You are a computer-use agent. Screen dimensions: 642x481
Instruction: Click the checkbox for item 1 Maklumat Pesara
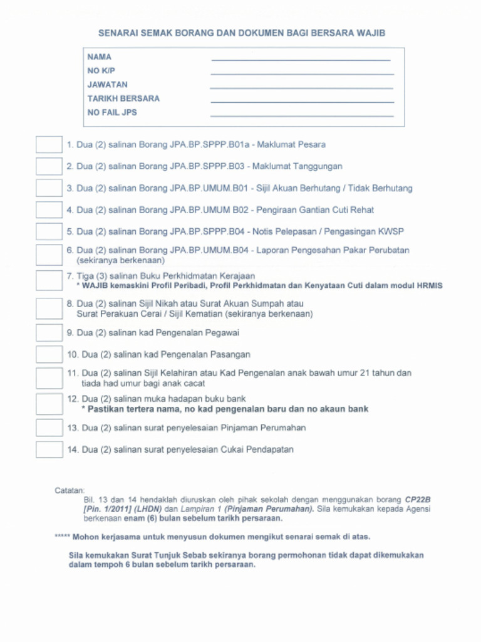pyautogui.click(x=49, y=145)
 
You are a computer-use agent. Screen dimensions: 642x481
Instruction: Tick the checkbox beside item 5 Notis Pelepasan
pyautogui.click(x=49, y=231)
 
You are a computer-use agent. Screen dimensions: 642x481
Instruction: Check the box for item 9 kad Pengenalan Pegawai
pyautogui.click(x=49, y=333)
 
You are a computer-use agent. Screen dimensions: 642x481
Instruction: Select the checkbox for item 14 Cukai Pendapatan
pyautogui.click(x=49, y=450)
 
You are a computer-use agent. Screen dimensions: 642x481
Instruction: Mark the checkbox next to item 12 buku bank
pyautogui.click(x=49, y=404)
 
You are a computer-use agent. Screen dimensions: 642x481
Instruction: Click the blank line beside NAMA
pyautogui.click(x=301, y=60)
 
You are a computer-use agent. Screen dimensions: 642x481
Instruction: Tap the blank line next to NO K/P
pyautogui.click(x=302, y=73)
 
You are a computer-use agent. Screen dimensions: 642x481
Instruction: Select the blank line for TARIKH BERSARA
pyautogui.click(x=302, y=101)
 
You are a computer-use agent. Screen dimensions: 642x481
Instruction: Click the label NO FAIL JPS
pyautogui.click(x=112, y=113)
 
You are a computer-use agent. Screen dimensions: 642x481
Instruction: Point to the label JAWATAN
pyautogui.click(x=108, y=85)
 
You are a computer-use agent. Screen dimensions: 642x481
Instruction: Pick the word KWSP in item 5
pyautogui.click(x=391, y=231)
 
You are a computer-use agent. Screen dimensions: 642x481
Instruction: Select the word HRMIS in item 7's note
pyautogui.click(x=429, y=285)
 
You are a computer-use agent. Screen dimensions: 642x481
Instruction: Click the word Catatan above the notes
pyautogui.click(x=70, y=490)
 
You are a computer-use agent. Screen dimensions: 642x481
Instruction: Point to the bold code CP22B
pyautogui.click(x=418, y=500)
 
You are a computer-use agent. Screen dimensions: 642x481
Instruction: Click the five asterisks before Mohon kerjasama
pyautogui.click(x=62, y=537)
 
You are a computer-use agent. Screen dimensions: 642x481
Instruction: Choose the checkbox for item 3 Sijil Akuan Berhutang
pyautogui.click(x=49, y=188)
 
